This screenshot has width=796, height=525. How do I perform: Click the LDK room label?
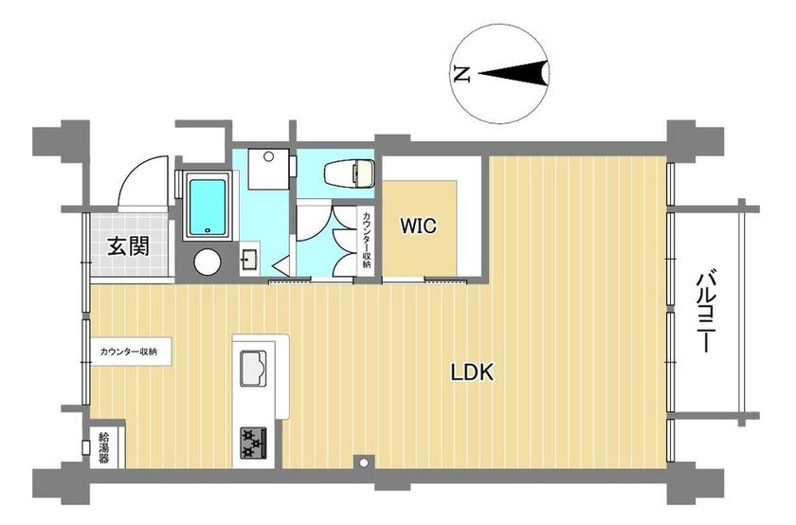(472, 372)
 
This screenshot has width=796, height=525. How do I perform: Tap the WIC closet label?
(418, 226)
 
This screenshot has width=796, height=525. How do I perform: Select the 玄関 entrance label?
(129, 246)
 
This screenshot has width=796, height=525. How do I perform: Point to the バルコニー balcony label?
(705, 313)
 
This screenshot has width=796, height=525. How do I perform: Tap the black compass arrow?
(514, 74)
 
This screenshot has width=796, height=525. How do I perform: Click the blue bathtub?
(207, 206)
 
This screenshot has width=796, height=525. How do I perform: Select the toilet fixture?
(350, 173)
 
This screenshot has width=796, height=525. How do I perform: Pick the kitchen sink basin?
(252, 368)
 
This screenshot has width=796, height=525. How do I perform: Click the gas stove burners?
(253, 443)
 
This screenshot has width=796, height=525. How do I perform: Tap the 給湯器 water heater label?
(103, 447)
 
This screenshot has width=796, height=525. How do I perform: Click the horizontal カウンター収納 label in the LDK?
(129, 352)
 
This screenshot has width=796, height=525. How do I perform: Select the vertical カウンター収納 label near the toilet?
(366, 240)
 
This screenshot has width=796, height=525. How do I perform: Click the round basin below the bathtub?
(208, 262)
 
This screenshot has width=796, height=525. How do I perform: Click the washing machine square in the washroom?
(268, 169)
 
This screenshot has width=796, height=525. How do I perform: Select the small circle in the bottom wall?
(364, 462)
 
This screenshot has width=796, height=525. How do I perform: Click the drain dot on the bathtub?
(208, 231)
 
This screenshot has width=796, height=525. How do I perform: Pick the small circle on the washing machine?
(268, 156)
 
